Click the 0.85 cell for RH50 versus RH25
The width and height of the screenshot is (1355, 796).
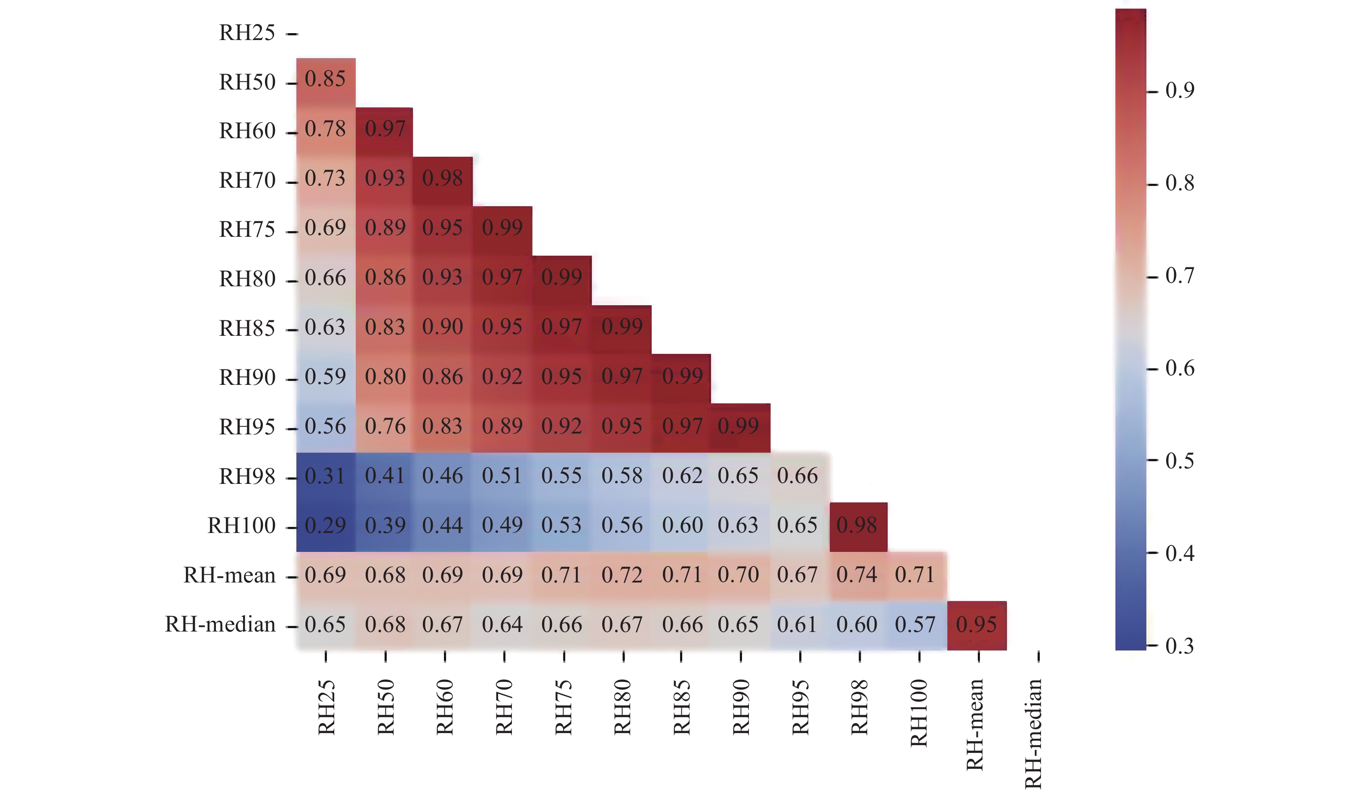pos(325,80)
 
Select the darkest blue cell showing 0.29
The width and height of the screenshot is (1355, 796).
pos(325,525)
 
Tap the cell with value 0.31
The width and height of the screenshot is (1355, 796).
pos(325,476)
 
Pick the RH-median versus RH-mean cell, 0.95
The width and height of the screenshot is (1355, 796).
pos(976,625)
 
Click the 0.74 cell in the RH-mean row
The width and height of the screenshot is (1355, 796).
pos(857,575)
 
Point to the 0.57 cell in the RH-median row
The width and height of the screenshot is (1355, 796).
pos(916,625)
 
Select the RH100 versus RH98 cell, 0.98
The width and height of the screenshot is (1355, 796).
pos(857,525)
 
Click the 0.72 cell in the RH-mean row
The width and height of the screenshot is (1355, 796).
pos(622,575)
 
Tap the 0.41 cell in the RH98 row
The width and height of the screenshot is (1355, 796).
pos(385,476)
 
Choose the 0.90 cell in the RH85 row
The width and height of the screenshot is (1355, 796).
pos(443,327)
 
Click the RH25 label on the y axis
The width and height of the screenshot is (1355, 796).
pos(247,34)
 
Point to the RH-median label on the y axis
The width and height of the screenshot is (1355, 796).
pos(220,625)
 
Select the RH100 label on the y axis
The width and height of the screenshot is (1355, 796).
pos(242,526)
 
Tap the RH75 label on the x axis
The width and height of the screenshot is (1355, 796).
pos(564,708)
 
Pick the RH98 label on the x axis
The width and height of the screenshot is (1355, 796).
pos(859,708)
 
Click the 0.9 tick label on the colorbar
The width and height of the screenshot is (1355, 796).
pos(1179,91)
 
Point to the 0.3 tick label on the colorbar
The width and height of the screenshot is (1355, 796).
pos(1179,646)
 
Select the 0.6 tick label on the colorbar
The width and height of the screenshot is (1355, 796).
pos(1179,369)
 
